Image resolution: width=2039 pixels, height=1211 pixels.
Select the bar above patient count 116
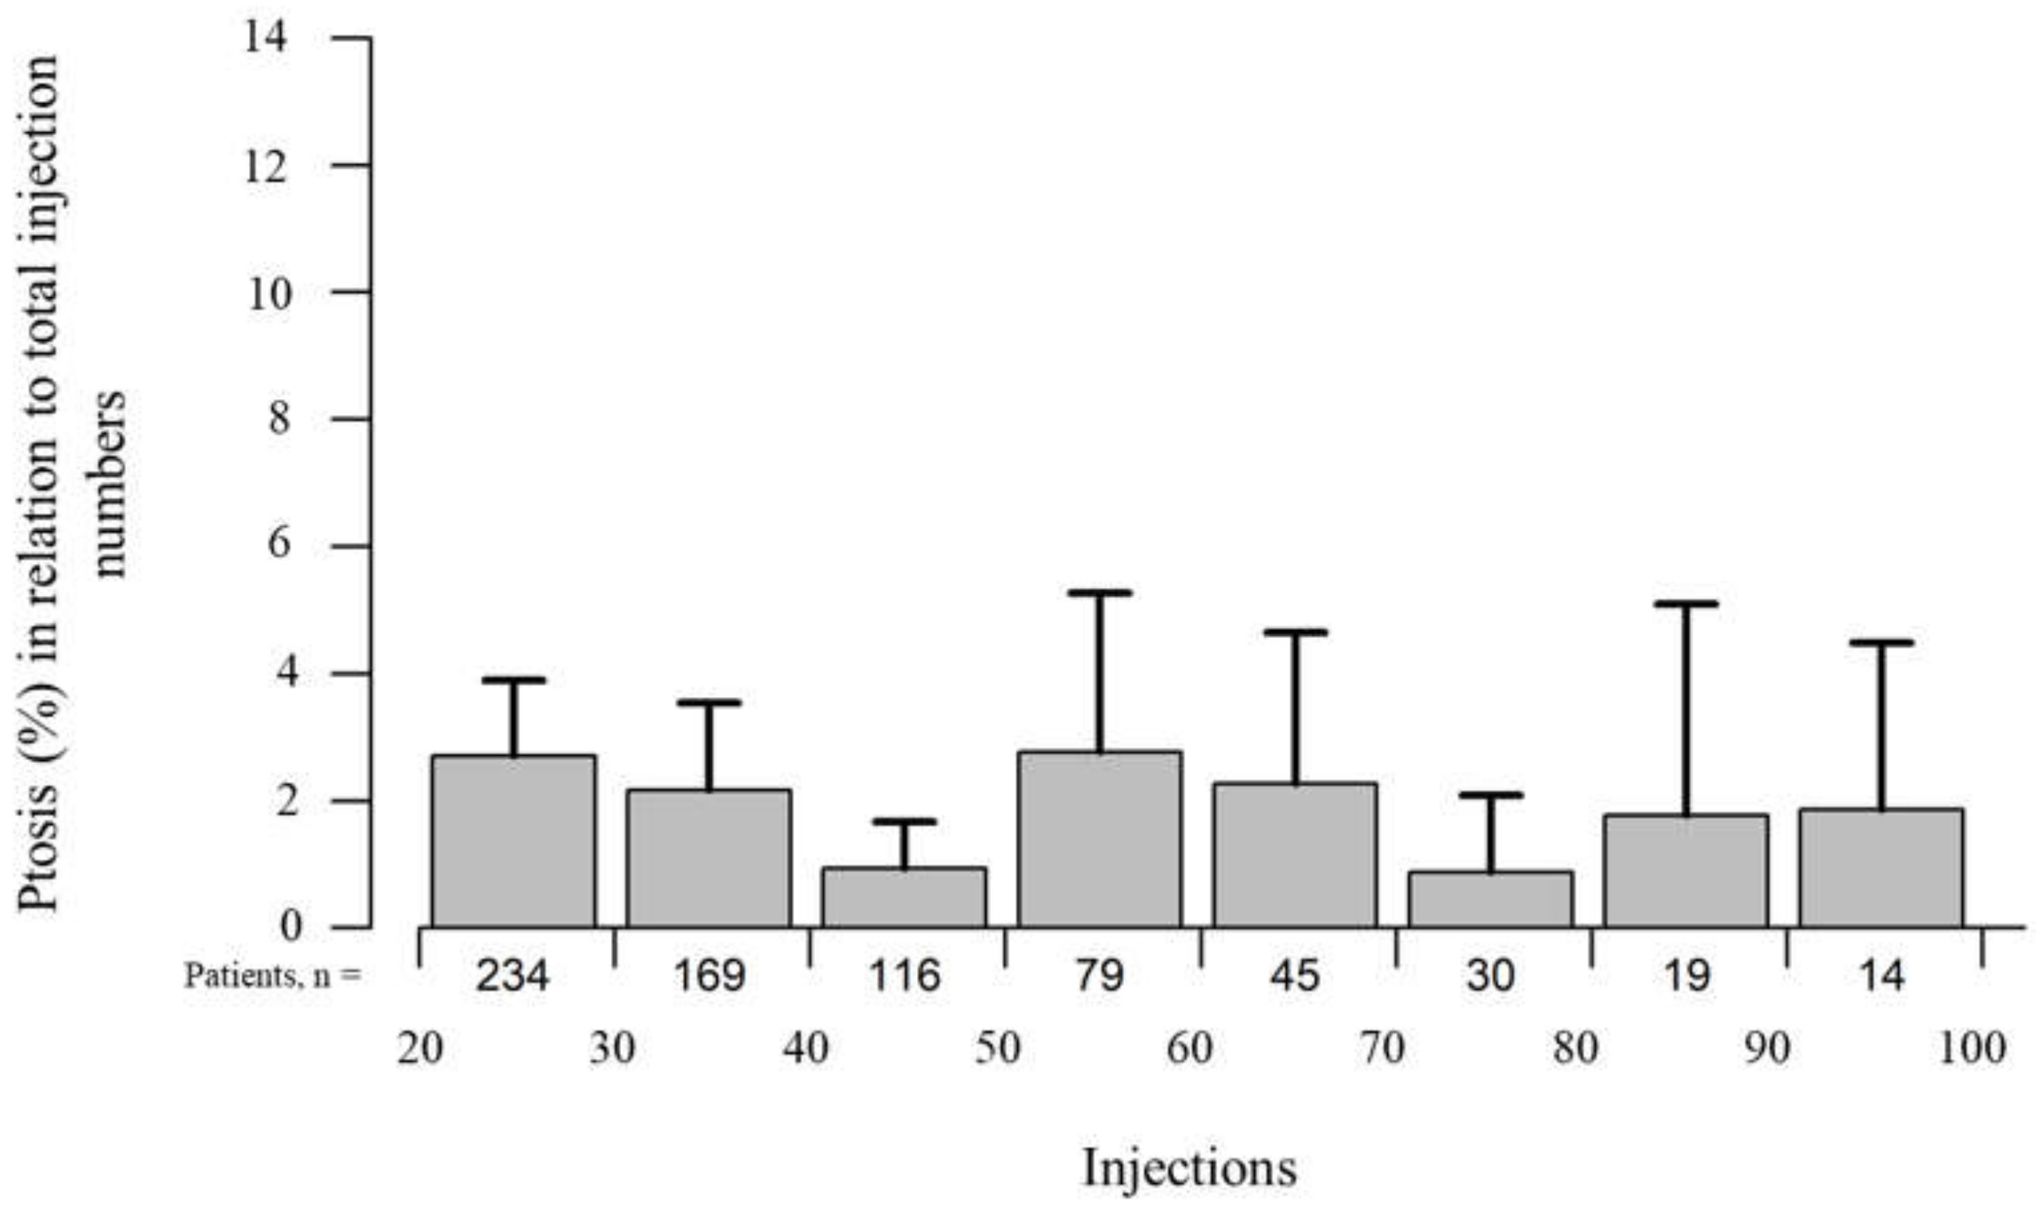tap(904, 897)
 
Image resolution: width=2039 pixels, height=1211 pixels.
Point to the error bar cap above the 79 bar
tap(1099, 593)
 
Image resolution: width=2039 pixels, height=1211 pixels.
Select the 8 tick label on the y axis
tap(279, 420)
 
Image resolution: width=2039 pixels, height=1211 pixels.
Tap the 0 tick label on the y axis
tap(290, 927)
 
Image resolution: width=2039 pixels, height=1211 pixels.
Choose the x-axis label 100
tap(1971, 1049)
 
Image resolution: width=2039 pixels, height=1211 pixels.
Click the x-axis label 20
tap(420, 1049)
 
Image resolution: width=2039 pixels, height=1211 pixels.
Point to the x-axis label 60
tap(1190, 1049)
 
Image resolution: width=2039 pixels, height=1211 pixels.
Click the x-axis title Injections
tap(1189, 1168)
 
